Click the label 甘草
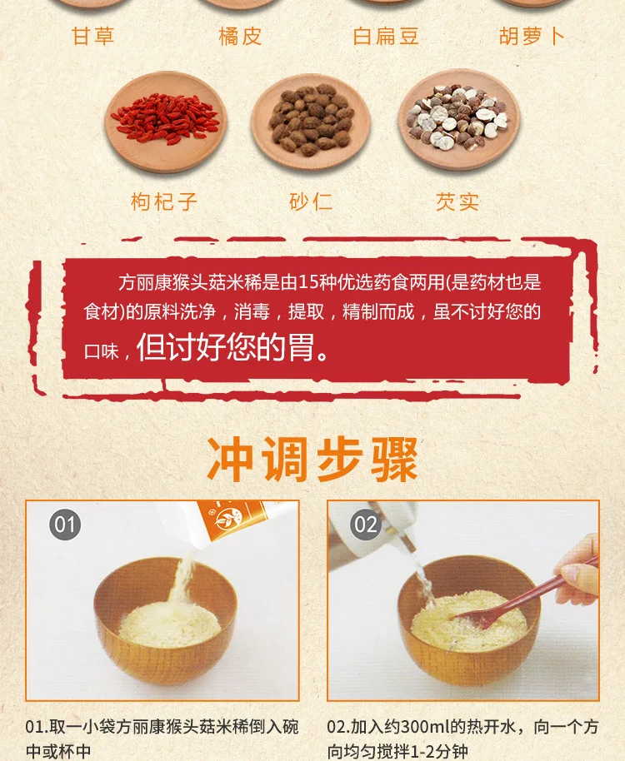click(x=92, y=36)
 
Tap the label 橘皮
click(x=239, y=36)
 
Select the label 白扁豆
click(x=386, y=36)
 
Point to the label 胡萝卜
click(x=532, y=36)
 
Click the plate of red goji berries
click(x=165, y=121)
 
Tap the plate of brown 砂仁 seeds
click(x=312, y=121)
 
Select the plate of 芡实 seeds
click(x=458, y=121)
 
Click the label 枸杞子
click(x=165, y=201)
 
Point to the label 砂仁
click(x=312, y=201)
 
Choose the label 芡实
click(x=458, y=201)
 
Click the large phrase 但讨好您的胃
click(x=233, y=348)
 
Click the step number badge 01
click(x=65, y=525)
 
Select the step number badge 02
click(x=366, y=525)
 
